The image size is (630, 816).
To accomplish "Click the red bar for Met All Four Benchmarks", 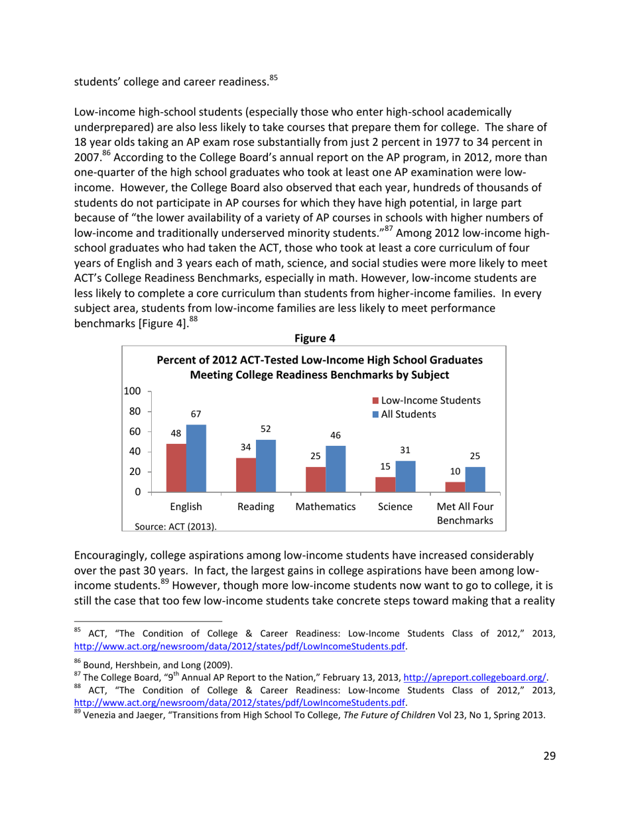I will (x=455, y=487).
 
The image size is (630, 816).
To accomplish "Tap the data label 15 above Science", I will (x=385, y=466).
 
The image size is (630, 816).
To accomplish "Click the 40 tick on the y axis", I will (x=136, y=451).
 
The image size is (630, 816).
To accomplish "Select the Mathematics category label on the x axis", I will (x=326, y=507).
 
